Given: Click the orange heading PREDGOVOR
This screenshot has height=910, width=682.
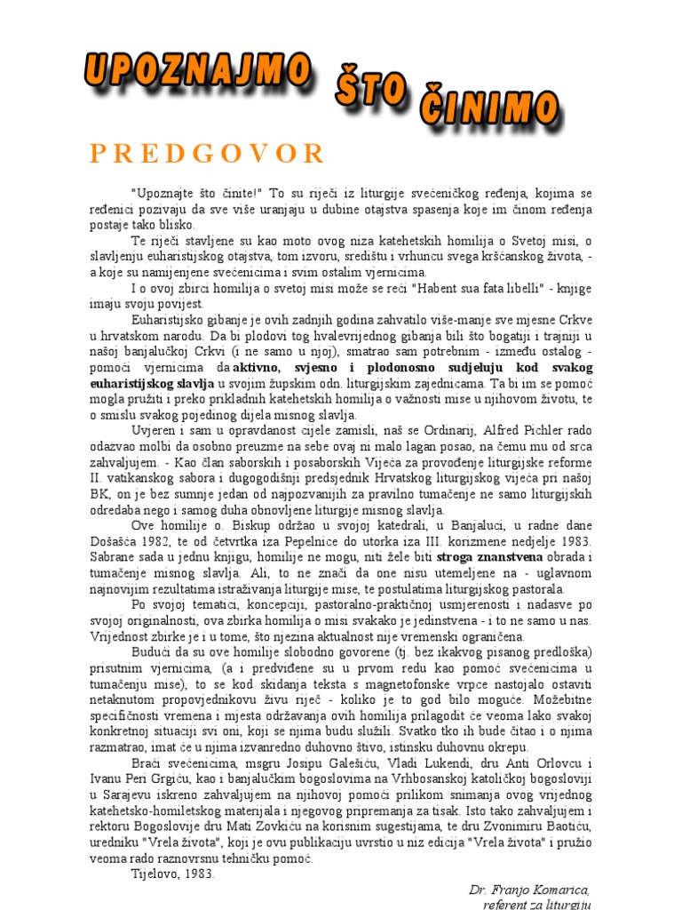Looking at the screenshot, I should click(x=208, y=154).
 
